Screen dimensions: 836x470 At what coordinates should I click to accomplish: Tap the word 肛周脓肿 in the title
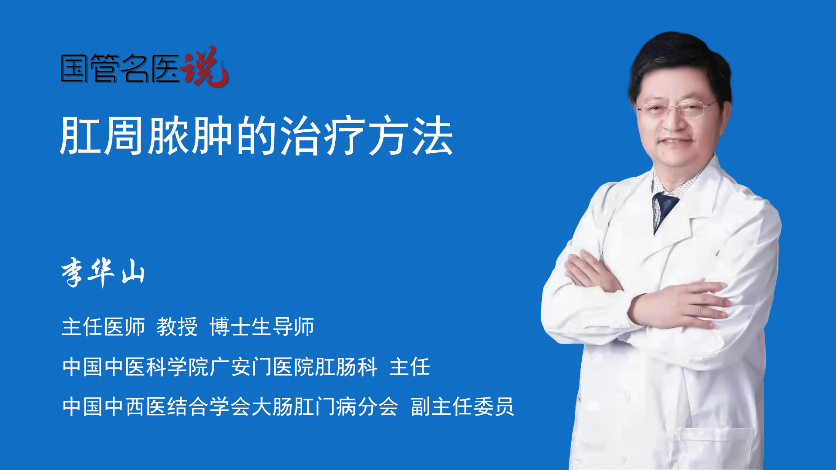(x=146, y=136)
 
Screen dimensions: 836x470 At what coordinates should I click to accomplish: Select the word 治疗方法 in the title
(x=367, y=136)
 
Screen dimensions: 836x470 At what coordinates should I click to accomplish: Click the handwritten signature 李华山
(x=103, y=272)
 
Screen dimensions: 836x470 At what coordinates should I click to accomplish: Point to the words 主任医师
(x=103, y=327)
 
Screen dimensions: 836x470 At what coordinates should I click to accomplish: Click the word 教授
(x=177, y=327)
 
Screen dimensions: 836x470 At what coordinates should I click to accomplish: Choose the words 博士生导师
(x=262, y=327)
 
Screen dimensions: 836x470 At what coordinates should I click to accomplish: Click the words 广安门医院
(x=262, y=367)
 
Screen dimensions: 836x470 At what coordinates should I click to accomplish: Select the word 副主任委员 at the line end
(x=462, y=407)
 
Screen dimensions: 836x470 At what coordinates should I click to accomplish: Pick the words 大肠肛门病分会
(x=325, y=407)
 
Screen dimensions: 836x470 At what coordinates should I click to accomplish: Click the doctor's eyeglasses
(x=676, y=108)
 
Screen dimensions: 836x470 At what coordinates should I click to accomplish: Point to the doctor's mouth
(x=676, y=141)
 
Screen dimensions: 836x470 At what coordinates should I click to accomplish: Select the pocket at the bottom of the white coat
(x=716, y=448)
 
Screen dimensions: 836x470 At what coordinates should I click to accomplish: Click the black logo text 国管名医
(x=120, y=68)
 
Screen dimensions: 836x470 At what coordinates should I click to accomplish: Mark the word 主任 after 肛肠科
(x=410, y=367)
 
